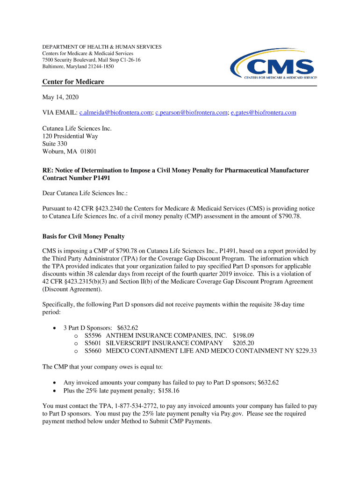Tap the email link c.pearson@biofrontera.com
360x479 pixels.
[192, 113]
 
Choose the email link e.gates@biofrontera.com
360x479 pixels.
[263, 113]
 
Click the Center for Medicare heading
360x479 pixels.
[73, 82]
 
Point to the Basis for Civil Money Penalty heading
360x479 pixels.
[83, 236]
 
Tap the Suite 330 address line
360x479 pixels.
[55, 144]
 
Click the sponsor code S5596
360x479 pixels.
[94, 335]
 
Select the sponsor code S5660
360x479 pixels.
[94, 351]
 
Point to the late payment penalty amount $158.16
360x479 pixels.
[169, 391]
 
